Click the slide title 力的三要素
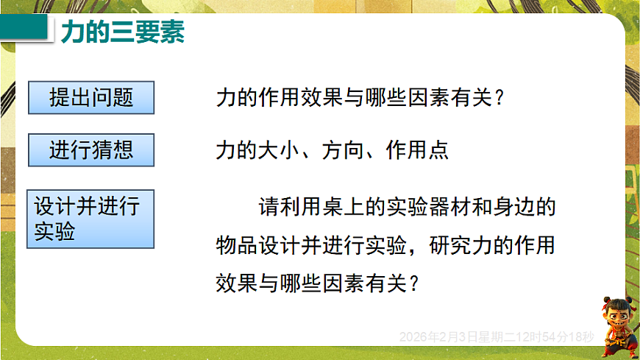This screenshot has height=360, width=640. [x=122, y=32]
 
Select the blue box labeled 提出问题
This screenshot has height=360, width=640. [x=91, y=98]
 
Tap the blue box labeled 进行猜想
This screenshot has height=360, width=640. [x=91, y=150]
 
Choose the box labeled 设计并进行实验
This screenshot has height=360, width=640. [x=90, y=219]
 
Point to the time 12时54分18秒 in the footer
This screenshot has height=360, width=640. [x=557, y=336]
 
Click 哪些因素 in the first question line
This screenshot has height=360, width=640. [x=397, y=99]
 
